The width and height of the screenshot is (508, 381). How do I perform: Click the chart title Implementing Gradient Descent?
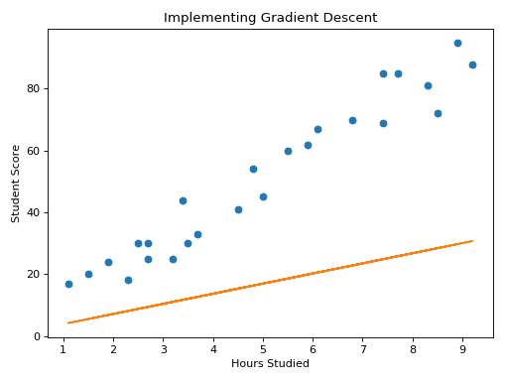click(270, 18)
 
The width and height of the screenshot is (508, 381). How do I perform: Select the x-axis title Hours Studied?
click(270, 363)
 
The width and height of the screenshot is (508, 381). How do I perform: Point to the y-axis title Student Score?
click(16, 184)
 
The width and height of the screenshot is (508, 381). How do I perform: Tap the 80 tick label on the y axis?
click(35, 89)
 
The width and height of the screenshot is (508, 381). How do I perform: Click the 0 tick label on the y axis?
click(38, 336)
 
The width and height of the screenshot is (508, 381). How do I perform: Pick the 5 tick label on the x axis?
click(263, 348)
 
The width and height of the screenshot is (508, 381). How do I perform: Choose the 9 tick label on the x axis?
click(462, 348)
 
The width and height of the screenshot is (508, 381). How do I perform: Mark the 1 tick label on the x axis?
click(63, 348)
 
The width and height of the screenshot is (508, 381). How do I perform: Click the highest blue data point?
click(457, 43)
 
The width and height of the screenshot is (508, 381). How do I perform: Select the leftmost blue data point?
click(68, 284)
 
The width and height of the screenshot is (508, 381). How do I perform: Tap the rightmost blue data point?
click(472, 64)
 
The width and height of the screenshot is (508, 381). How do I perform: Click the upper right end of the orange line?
click(472, 241)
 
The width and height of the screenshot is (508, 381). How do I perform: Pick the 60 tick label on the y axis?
click(35, 151)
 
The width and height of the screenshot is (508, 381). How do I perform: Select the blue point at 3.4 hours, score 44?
click(183, 200)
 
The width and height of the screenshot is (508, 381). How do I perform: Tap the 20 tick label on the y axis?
click(35, 275)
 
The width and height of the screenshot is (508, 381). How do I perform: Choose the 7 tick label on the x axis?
click(362, 348)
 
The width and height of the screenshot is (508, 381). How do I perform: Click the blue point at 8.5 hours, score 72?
click(438, 113)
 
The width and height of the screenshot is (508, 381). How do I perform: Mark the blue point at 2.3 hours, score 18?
click(128, 280)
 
